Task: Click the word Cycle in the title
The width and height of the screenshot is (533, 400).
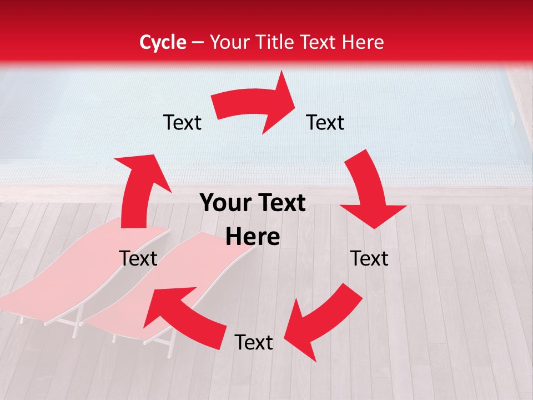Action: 163,42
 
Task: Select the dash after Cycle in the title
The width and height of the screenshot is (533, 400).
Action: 198,42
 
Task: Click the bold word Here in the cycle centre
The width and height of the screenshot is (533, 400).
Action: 253,237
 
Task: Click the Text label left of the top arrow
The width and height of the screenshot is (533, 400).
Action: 182,122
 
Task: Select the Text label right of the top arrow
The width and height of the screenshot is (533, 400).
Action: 325,122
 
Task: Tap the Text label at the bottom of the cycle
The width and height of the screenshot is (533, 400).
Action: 254,342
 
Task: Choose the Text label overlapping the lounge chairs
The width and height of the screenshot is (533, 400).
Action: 138,258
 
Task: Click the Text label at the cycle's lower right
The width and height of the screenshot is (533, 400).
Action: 369,258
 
